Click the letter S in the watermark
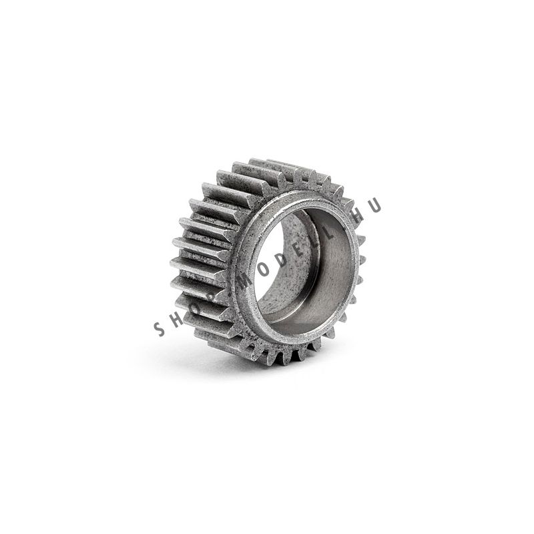(160, 328)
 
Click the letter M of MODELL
(248, 281)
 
